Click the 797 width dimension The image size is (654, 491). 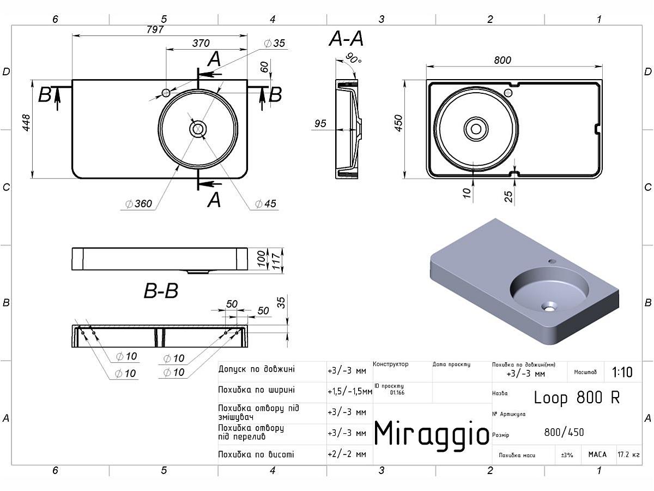click(155, 29)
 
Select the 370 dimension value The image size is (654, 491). click(201, 43)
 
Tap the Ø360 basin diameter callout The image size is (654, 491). click(139, 203)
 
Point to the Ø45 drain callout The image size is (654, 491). click(265, 203)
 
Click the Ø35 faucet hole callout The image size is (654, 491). click(275, 43)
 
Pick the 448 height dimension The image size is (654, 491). click(26, 123)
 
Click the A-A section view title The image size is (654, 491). click(346, 38)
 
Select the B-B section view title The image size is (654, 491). click(161, 291)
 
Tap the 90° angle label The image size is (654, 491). click(354, 58)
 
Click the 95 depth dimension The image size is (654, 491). click(320, 123)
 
